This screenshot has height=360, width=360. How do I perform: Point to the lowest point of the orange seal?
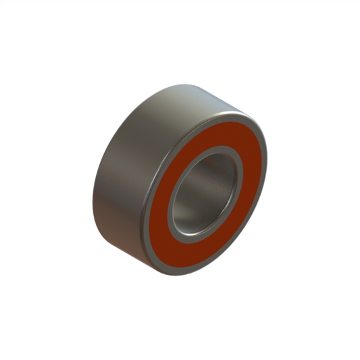tap(183, 264)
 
